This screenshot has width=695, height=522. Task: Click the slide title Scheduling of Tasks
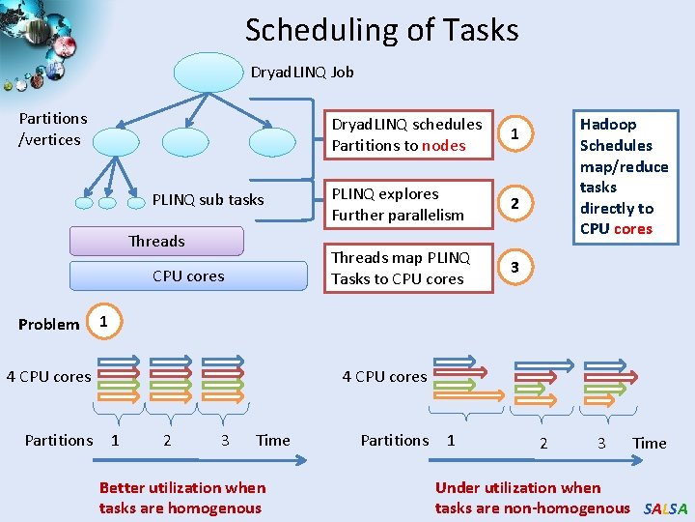point(381,30)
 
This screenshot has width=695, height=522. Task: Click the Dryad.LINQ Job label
point(302,72)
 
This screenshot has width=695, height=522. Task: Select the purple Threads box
point(156,241)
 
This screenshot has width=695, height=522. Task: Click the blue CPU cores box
point(187,275)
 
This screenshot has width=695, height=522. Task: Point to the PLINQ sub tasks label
point(208,200)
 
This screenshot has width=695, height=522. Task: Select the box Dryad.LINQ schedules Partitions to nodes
point(405,134)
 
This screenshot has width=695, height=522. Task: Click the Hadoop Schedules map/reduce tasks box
point(623,176)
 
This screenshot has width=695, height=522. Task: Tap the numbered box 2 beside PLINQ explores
point(515,204)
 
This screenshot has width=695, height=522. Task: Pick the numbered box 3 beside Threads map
point(515,267)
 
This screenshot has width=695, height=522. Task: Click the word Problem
point(48,324)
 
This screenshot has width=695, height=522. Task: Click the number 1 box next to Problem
point(104,320)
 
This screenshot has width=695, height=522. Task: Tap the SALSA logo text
point(665,508)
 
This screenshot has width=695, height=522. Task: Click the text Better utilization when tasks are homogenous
point(181,498)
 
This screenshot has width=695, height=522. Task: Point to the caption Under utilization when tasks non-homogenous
point(531,498)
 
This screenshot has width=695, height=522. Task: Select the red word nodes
point(444,146)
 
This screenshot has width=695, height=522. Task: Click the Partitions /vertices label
point(52,129)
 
